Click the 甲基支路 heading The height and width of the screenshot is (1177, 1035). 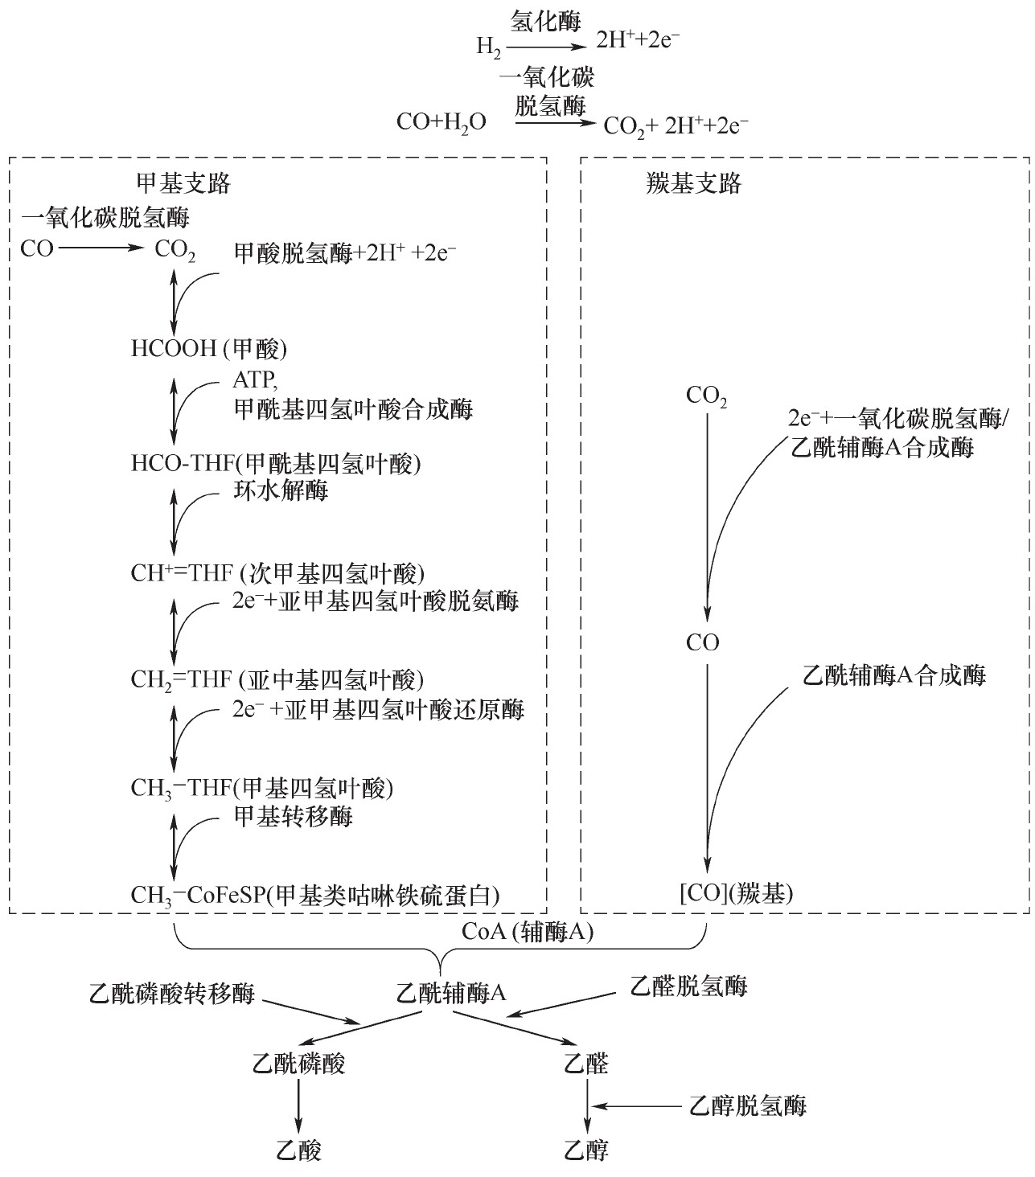click(183, 184)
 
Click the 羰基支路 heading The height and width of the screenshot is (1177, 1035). click(694, 184)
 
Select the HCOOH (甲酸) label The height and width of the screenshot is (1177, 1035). click(209, 348)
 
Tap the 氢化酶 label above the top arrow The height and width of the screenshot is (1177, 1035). click(547, 23)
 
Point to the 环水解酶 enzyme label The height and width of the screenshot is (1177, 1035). click(281, 490)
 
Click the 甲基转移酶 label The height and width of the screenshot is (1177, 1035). click(293, 816)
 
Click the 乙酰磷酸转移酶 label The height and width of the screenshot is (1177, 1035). click(172, 993)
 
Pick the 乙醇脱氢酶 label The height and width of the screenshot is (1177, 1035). click(748, 1106)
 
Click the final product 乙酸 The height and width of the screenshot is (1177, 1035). click(299, 1150)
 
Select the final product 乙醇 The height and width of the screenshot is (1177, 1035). click(587, 1150)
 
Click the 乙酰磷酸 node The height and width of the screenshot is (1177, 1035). click(299, 1064)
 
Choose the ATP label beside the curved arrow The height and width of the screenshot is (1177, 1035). click(255, 379)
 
